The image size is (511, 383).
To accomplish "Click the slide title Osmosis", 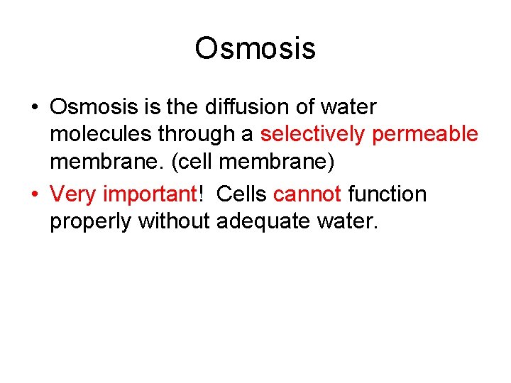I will click(x=255, y=49).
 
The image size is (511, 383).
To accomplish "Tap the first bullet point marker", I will click(x=34, y=108).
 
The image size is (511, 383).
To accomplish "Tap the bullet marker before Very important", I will click(x=34, y=194).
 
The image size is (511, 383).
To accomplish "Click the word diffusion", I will click(x=237, y=108).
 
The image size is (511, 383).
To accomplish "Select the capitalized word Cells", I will click(x=242, y=194).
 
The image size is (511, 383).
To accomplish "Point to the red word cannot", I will click(x=307, y=194).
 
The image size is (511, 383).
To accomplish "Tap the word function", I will click(x=387, y=194).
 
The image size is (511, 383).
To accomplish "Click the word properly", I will click(x=91, y=222).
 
